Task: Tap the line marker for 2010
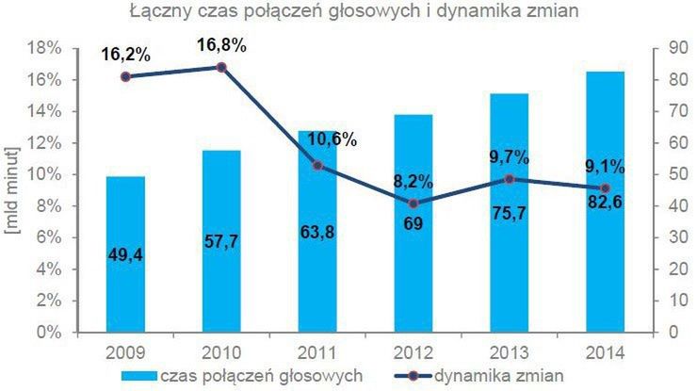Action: pos(221,67)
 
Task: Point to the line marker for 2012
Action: pos(414,204)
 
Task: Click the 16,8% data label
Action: pos(222,44)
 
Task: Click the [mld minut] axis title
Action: pos(12,189)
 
